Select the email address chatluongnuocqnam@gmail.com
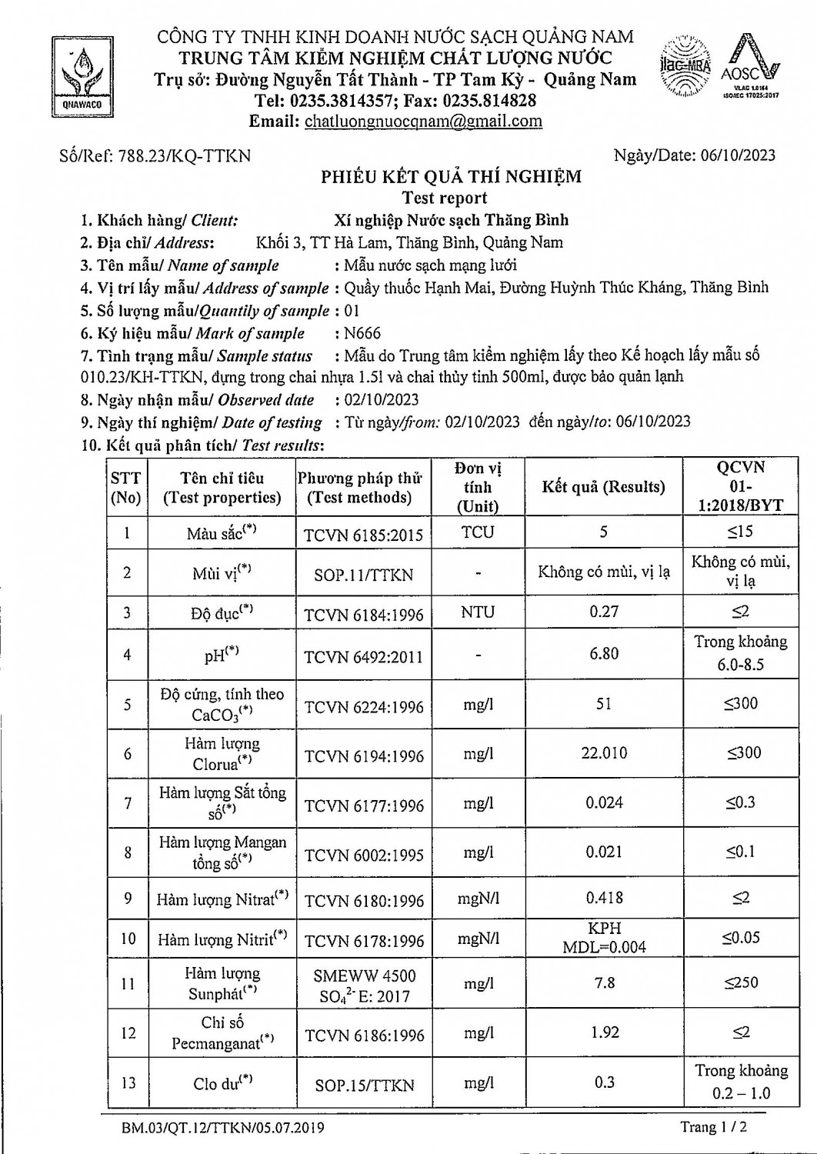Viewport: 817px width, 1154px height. [x=423, y=121]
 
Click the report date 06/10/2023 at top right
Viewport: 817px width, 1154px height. [x=738, y=155]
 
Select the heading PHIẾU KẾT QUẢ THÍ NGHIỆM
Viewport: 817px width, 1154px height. [x=451, y=177]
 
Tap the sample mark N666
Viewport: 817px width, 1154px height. [x=362, y=333]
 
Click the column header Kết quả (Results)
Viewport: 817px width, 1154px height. [x=603, y=487]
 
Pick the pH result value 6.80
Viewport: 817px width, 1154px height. [x=604, y=654]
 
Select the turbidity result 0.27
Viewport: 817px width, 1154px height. [x=604, y=612]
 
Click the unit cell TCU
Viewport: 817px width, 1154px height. [x=478, y=532]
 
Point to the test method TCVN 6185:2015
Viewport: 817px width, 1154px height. [x=363, y=535]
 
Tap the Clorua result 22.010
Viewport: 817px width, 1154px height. [x=604, y=753]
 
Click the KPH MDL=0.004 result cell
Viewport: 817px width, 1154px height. [x=604, y=938]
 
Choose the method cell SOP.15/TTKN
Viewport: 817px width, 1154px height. [x=364, y=1086]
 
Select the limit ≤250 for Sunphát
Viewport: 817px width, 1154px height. [x=740, y=982]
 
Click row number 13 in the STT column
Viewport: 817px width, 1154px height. [x=128, y=1083]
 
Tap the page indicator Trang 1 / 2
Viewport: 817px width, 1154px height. [x=713, y=1127]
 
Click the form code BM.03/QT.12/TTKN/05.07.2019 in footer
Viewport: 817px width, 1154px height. [x=222, y=1128]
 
